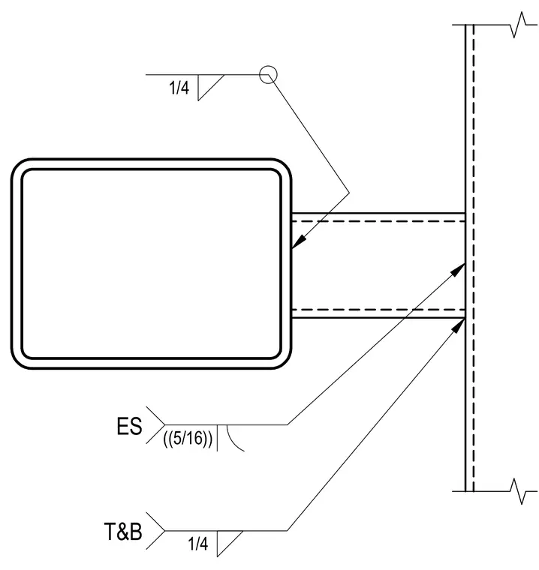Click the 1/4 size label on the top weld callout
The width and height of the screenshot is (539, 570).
tap(179, 88)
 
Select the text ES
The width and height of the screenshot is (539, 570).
tap(129, 427)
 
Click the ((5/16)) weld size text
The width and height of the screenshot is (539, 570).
tap(188, 439)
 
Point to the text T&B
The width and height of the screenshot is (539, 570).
tap(123, 532)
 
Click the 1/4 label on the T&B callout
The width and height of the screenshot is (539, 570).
tap(198, 544)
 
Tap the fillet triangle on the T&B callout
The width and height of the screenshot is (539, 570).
tap(227, 541)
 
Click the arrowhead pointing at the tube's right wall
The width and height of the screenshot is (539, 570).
tap(298, 242)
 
